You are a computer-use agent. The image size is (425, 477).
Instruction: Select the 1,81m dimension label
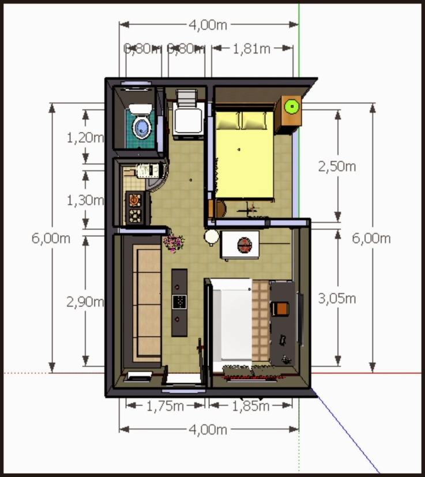[x=251, y=49]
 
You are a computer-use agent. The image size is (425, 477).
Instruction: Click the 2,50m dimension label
[x=337, y=167]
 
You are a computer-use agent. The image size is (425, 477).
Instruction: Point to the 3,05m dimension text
[x=337, y=298]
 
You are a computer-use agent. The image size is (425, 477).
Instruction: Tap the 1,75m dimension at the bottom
[x=165, y=406]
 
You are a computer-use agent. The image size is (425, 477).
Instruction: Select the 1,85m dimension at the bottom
[x=250, y=406]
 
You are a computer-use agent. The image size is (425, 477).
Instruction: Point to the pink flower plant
[x=174, y=242]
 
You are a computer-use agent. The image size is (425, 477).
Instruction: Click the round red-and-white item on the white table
[x=245, y=245]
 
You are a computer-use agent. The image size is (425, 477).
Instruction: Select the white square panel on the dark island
[x=179, y=301]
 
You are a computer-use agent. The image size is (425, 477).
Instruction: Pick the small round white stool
[x=211, y=236]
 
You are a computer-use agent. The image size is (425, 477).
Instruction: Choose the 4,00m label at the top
[x=208, y=25]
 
